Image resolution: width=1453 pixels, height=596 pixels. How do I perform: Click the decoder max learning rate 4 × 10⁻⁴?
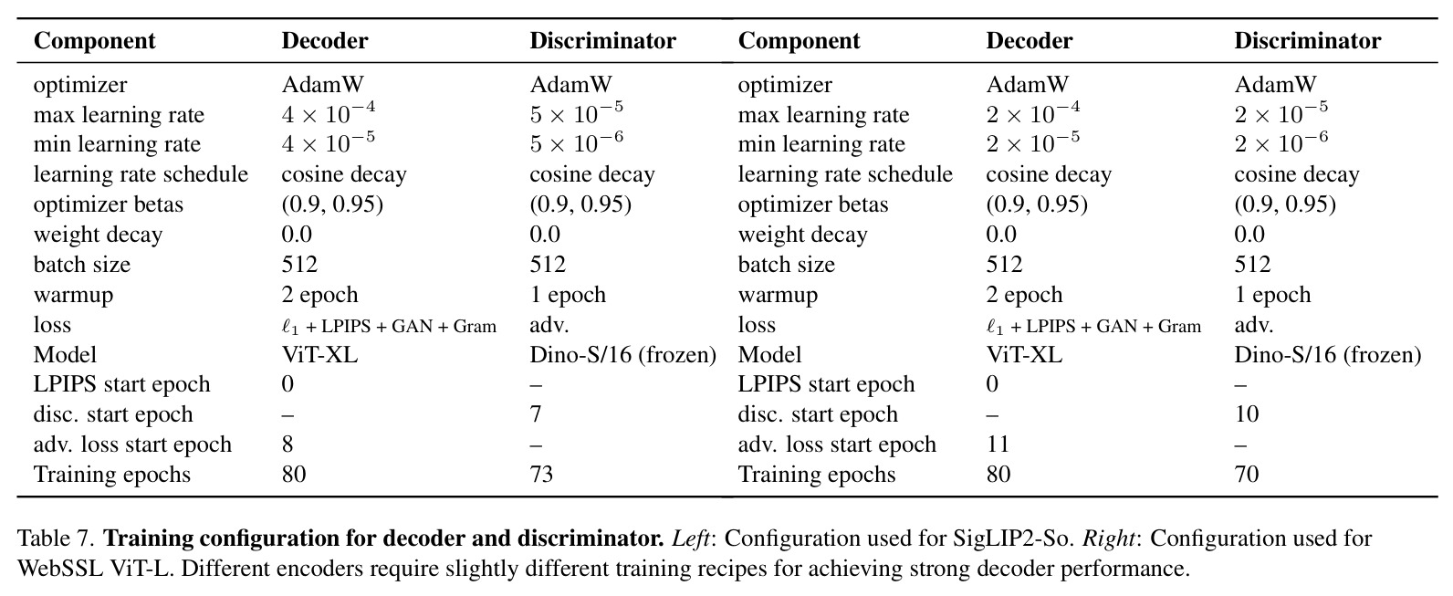[x=329, y=113]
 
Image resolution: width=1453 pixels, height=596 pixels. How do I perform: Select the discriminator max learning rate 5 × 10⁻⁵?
[x=577, y=113]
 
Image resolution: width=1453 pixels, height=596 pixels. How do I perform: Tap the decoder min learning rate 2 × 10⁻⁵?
[x=1033, y=142]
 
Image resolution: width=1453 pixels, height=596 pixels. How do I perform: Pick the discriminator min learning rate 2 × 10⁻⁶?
[x=1281, y=142]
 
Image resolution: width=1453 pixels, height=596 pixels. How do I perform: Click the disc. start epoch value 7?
[x=536, y=413]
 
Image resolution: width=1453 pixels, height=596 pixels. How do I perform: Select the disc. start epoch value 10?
[x=1247, y=413]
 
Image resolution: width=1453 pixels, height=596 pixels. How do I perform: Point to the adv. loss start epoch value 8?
[x=287, y=444]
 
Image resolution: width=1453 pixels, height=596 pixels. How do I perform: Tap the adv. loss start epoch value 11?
[x=998, y=444]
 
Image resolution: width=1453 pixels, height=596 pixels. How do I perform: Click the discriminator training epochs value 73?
[x=541, y=474]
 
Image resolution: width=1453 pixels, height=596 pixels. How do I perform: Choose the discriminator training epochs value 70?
[x=1247, y=474]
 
